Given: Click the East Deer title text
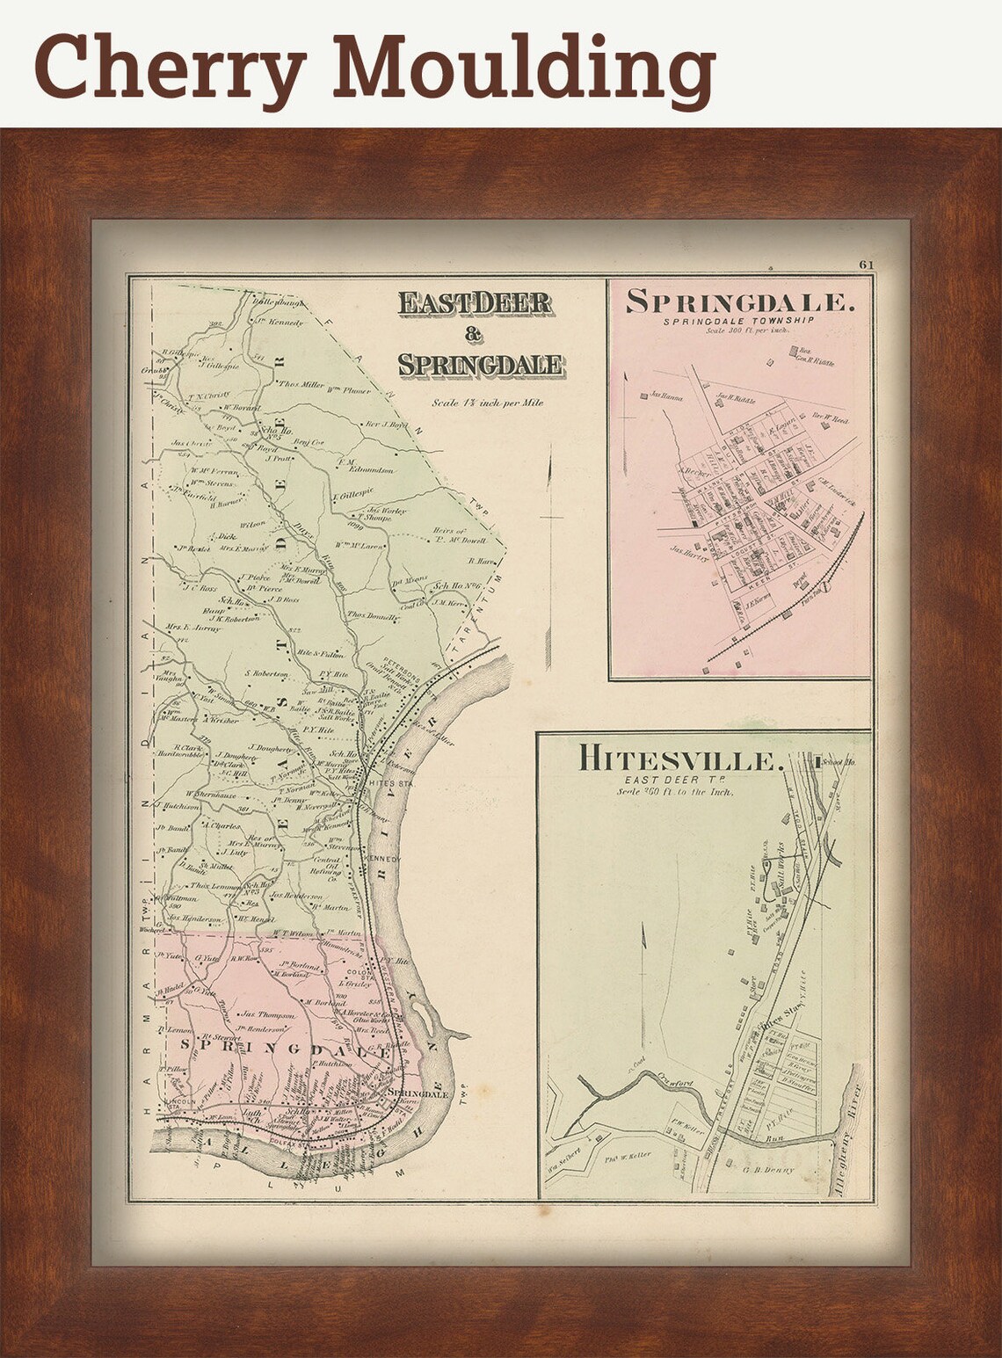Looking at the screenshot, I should (475, 303).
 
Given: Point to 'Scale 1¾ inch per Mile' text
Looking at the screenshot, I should (487, 403).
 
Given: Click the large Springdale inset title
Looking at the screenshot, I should (739, 302).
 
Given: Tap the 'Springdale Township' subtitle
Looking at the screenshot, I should (738, 322).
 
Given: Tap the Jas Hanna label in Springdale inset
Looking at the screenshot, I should (667, 396).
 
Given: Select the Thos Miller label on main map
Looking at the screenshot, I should (301, 384).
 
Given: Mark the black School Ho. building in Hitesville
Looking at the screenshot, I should (818, 761).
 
